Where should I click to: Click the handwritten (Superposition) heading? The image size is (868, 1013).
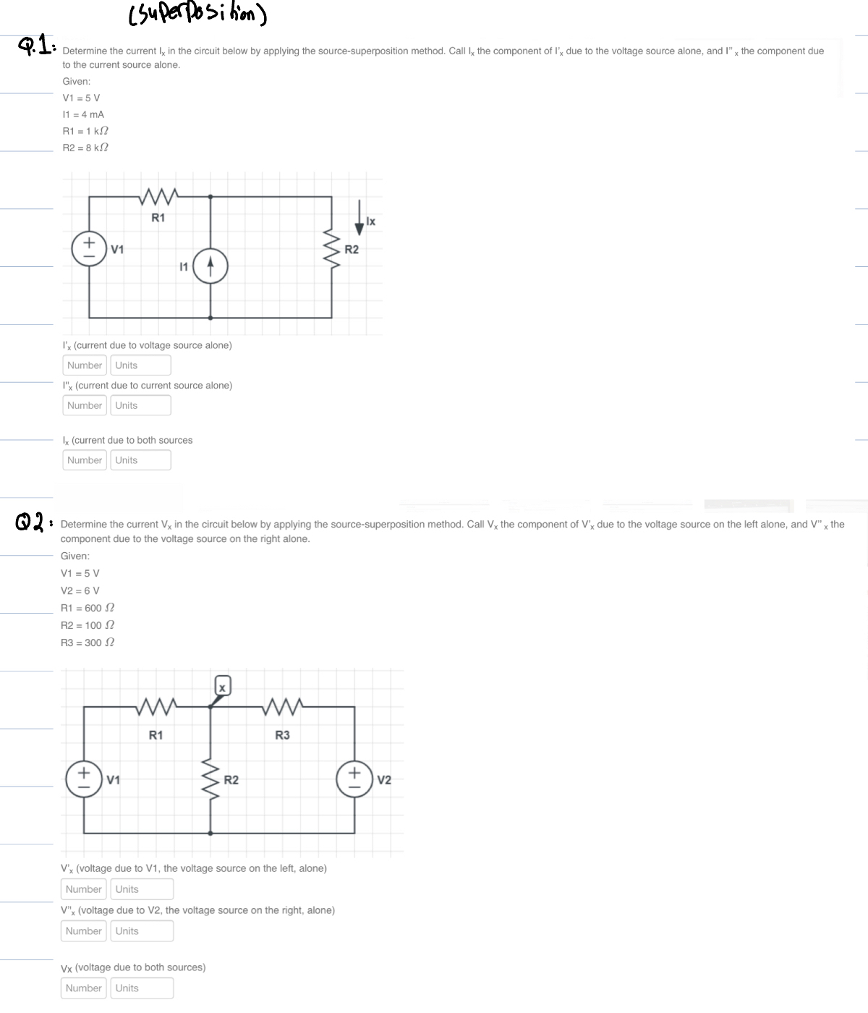tap(197, 14)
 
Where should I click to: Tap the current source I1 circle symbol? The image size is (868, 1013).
tap(210, 267)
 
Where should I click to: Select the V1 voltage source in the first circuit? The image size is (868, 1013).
tap(89, 248)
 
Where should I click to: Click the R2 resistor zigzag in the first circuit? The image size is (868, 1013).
tap(332, 249)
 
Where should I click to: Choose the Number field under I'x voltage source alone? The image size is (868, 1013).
tap(85, 365)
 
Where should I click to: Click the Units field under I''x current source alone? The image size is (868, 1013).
tap(140, 405)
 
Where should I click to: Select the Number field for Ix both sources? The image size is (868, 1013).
tap(85, 460)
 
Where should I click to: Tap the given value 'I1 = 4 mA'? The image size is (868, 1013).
tap(83, 114)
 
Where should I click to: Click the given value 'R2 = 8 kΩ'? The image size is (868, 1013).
tap(85, 148)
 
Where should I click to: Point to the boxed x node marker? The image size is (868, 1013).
tap(223, 687)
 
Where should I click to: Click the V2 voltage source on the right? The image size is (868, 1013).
tap(354, 779)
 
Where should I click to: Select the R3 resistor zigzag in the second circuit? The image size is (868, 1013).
tap(283, 705)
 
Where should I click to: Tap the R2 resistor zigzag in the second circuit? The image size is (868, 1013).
tap(210, 779)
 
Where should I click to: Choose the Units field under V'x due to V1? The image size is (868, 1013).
tap(142, 889)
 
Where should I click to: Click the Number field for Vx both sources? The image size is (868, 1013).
tap(84, 988)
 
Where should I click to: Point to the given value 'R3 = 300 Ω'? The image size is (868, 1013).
tap(88, 643)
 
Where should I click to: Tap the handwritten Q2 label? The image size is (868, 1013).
tap(29, 521)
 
